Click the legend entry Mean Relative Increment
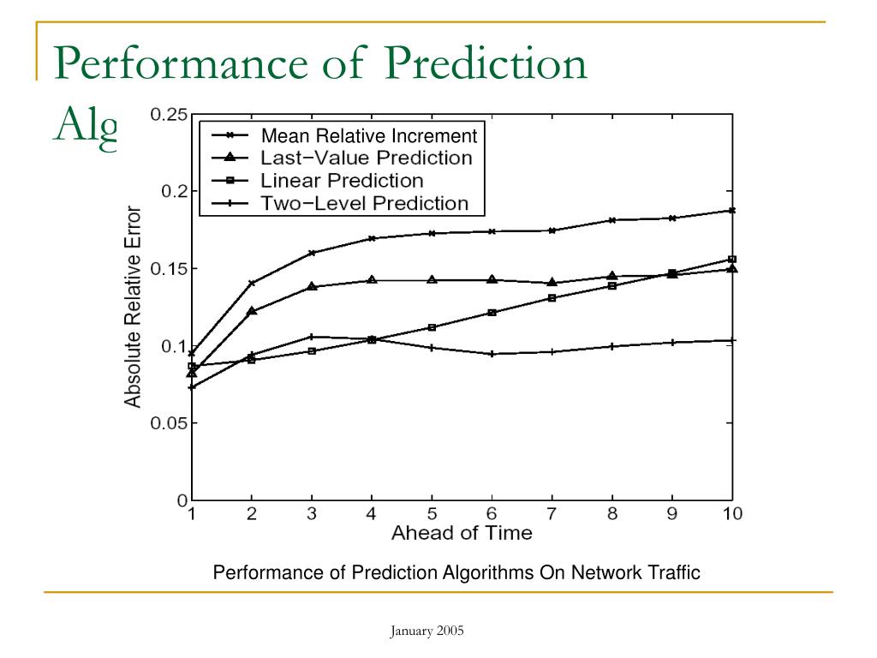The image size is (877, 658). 368,135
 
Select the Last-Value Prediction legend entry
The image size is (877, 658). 366,159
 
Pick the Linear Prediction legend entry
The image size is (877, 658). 342,181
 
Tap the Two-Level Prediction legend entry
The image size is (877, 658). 364,204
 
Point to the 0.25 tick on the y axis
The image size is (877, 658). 169,115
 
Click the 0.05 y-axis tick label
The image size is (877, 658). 169,423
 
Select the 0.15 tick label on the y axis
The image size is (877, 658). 169,269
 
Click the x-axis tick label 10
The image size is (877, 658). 732,514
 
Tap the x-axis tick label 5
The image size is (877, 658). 432,514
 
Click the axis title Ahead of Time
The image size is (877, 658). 462,533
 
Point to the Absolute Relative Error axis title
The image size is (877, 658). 133,306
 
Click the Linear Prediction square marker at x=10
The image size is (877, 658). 732,259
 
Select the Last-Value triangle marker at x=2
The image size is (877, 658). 251,311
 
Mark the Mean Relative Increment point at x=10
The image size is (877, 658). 732,210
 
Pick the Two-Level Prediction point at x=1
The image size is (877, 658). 192,387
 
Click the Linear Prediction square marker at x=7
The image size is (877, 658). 552,298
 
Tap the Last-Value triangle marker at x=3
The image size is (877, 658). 312,285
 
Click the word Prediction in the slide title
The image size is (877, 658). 484,64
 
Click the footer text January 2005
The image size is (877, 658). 427,631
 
